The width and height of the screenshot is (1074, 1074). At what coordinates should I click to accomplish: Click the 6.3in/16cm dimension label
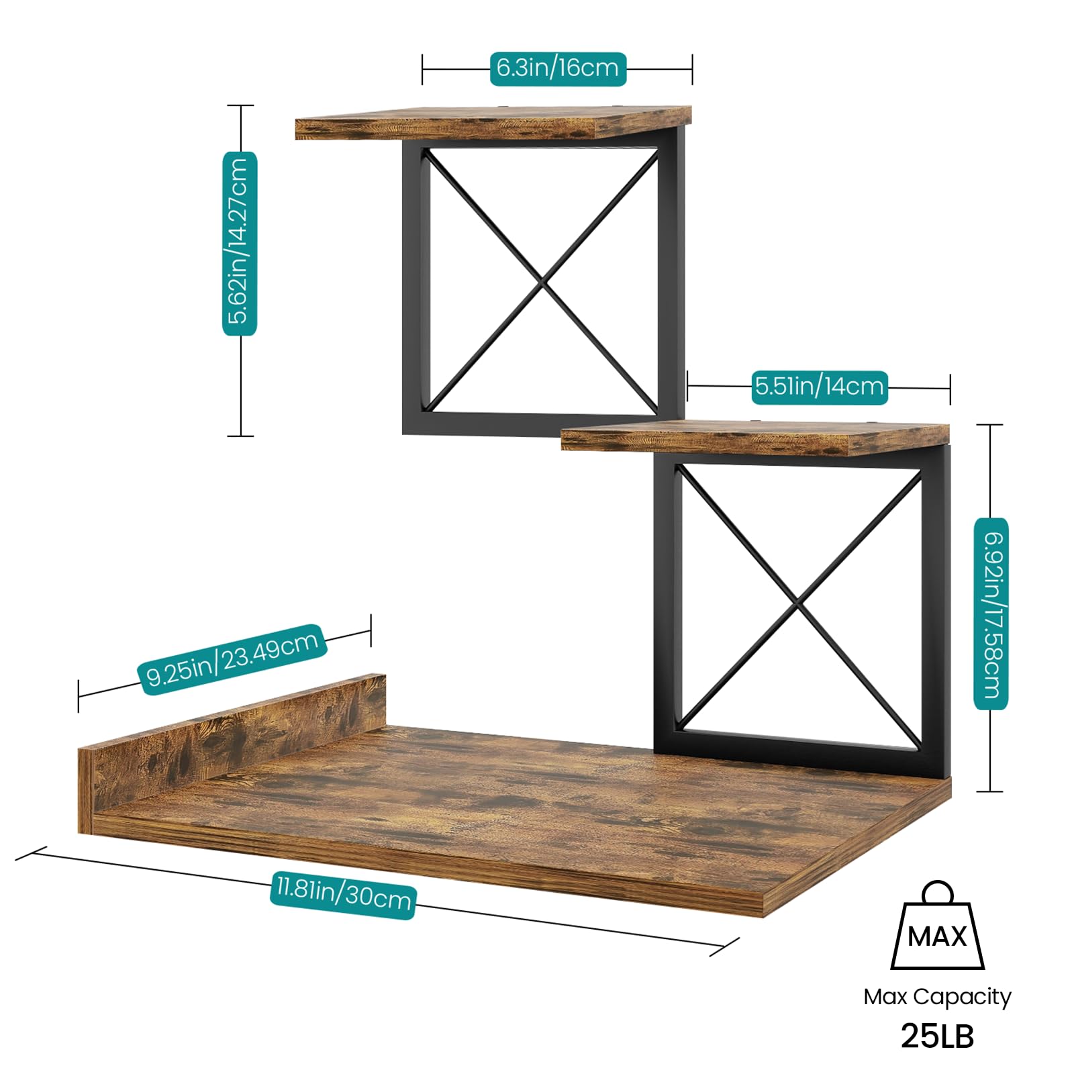[558, 68]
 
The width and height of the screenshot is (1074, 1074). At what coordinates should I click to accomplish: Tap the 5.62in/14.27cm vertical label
[240, 243]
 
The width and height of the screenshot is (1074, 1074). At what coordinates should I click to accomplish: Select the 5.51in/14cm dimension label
[820, 387]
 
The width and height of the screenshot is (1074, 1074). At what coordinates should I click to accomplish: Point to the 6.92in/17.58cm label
[991, 613]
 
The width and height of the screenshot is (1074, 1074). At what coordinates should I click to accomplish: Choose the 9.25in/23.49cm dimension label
[232, 659]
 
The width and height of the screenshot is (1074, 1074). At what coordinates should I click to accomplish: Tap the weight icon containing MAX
[937, 925]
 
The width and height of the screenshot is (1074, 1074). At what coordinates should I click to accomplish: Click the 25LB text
[937, 1036]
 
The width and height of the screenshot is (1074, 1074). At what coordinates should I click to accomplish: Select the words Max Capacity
[937, 997]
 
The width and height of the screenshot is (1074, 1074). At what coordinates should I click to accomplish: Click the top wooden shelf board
[493, 122]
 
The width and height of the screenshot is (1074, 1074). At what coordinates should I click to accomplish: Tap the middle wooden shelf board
[755, 438]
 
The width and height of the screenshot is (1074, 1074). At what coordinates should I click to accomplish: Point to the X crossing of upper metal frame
[543, 281]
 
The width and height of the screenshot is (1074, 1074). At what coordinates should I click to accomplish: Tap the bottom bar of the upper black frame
[537, 424]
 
